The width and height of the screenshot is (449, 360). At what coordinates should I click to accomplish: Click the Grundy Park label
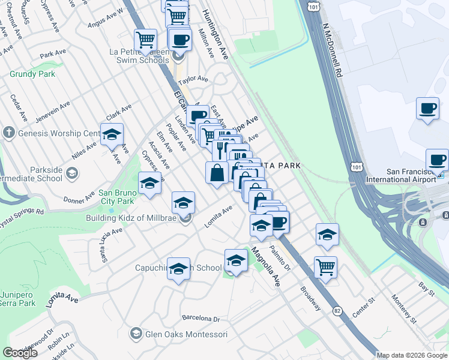(32, 74)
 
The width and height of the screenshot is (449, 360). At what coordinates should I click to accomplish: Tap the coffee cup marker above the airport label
(427, 109)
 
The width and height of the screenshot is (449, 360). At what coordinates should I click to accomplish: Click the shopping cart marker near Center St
(325, 266)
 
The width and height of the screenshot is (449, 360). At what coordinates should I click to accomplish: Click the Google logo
(20, 353)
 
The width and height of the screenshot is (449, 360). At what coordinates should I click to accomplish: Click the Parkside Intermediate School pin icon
(71, 174)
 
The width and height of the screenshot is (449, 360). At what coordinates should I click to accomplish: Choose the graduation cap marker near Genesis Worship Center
(112, 135)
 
